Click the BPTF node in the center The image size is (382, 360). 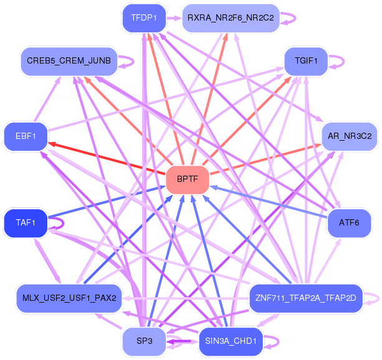point(188,180)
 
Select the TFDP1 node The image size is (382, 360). point(144,18)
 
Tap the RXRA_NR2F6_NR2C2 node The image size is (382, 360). point(231,18)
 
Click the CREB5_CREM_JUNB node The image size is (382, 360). point(69,61)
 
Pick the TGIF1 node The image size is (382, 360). point(306,61)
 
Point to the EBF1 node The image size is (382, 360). point(26,136)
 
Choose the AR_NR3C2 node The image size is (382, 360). point(350,136)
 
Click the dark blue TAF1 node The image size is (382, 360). point(26,223)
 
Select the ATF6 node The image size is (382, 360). point(349,223)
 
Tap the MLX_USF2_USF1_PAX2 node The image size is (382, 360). point(69,298)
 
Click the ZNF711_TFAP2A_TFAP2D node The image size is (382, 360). point(306,298)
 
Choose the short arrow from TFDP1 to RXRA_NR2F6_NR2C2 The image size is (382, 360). point(174,18)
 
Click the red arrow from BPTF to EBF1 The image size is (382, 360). point(107,158)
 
